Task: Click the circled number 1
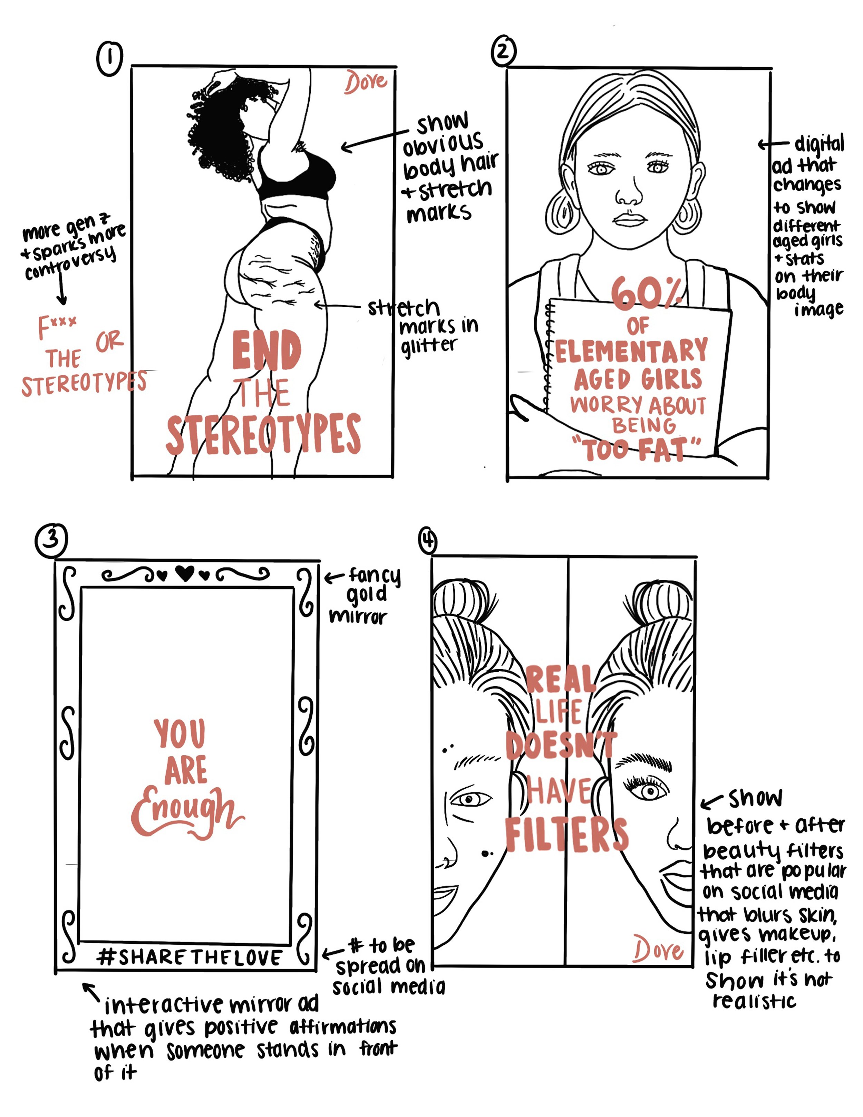(x=109, y=59)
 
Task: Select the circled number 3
(x=51, y=540)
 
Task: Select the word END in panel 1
(x=266, y=350)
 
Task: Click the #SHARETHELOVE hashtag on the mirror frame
(x=189, y=957)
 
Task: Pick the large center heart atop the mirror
(x=185, y=573)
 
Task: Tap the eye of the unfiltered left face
(x=471, y=799)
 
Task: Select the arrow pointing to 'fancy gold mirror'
(x=333, y=578)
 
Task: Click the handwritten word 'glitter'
(x=428, y=346)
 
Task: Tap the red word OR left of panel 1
(x=109, y=341)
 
